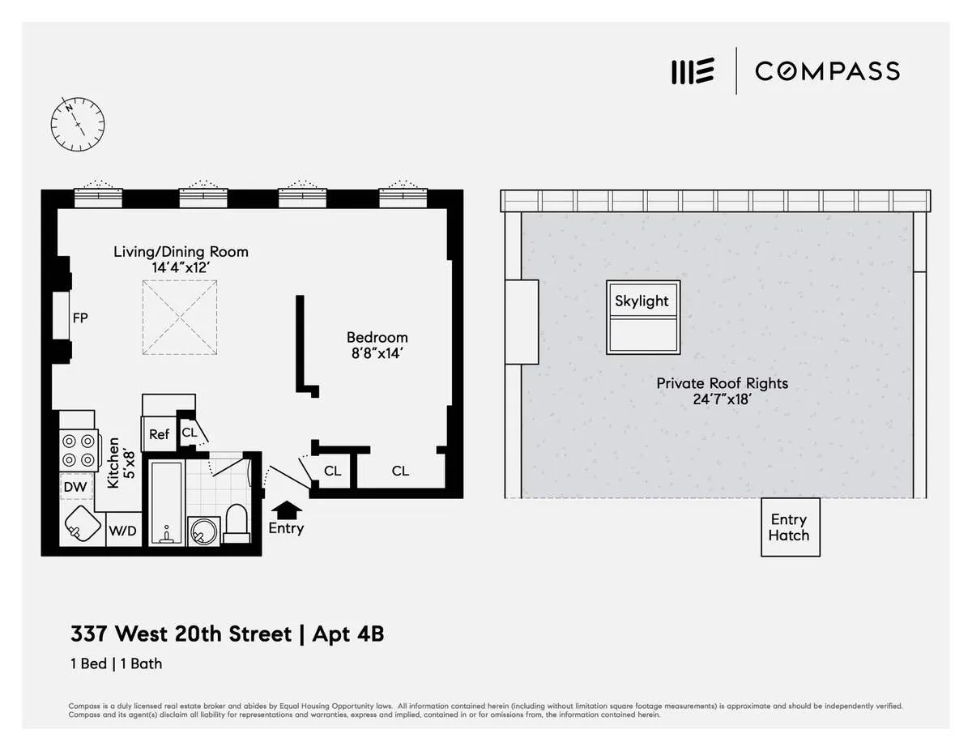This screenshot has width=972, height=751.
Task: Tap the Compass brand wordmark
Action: (x=827, y=71)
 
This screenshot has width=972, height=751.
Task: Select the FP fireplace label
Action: (x=80, y=318)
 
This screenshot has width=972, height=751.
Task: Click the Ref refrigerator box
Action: (x=159, y=435)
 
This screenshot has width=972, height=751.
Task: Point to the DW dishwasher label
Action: (x=75, y=487)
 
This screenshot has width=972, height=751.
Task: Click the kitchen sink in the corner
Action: (x=82, y=527)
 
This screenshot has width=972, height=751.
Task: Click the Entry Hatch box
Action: (x=789, y=527)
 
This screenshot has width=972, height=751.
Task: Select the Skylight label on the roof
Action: (x=642, y=301)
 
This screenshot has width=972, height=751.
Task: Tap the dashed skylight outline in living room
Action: (x=180, y=318)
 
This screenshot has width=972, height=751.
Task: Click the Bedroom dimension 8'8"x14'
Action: (x=377, y=353)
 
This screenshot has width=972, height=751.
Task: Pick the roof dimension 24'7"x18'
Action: (x=722, y=399)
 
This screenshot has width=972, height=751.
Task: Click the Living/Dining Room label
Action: (x=181, y=252)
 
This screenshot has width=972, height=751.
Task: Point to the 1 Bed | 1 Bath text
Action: (x=116, y=664)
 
